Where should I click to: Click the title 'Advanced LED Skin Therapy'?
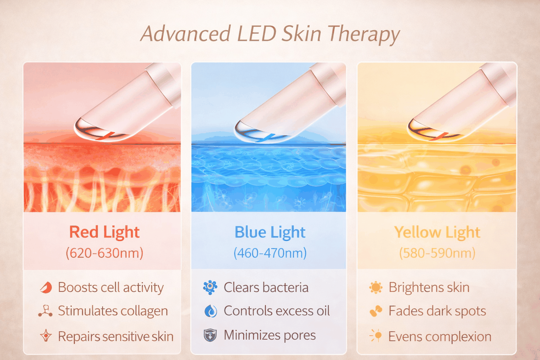click(x=270, y=34)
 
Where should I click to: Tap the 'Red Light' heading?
click(x=104, y=232)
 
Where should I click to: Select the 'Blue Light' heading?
click(x=270, y=232)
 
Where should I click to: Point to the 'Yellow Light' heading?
click(x=437, y=232)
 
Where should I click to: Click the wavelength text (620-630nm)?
click(x=104, y=253)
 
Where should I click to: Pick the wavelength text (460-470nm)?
click(x=270, y=253)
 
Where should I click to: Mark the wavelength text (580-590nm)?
click(x=437, y=253)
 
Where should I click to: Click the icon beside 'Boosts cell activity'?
click(x=46, y=288)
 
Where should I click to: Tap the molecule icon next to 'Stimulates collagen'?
click(x=45, y=311)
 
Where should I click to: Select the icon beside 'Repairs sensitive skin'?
click(x=46, y=336)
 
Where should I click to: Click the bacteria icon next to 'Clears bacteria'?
click(x=210, y=287)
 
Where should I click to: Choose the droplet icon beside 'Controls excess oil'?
click(x=211, y=311)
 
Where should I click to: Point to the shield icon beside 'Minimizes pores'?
click(x=210, y=335)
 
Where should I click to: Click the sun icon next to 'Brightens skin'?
click(x=375, y=288)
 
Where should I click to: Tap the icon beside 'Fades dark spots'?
click(x=375, y=311)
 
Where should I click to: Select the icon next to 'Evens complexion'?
click(x=375, y=336)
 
